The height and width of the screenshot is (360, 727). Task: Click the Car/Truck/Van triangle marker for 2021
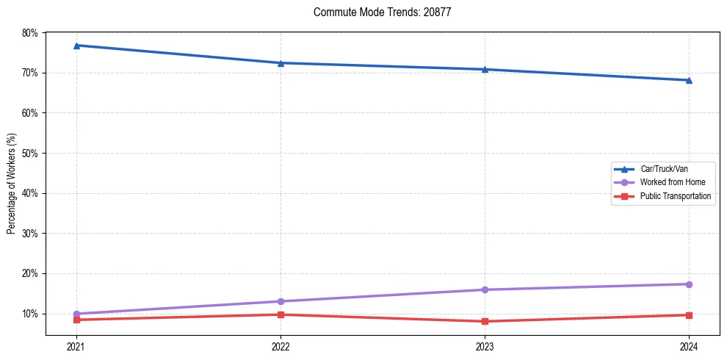(76, 46)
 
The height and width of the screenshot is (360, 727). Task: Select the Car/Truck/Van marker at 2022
(281, 63)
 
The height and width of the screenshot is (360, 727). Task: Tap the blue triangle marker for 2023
(485, 69)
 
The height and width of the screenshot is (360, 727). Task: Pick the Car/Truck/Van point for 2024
(689, 80)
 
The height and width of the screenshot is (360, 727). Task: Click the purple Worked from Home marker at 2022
(281, 301)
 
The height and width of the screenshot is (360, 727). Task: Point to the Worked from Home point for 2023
(485, 289)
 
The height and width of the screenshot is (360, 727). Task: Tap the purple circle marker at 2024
(689, 284)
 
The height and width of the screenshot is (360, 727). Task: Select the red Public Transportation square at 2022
(281, 314)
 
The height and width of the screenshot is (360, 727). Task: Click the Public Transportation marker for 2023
(485, 321)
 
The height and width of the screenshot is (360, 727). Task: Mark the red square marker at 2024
(689, 315)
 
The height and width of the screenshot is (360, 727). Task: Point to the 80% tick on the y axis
(29, 33)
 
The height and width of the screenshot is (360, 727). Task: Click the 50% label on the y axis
(29, 154)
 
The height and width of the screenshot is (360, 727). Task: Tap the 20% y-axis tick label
(29, 274)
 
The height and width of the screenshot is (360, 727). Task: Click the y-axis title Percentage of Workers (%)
(11, 184)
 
